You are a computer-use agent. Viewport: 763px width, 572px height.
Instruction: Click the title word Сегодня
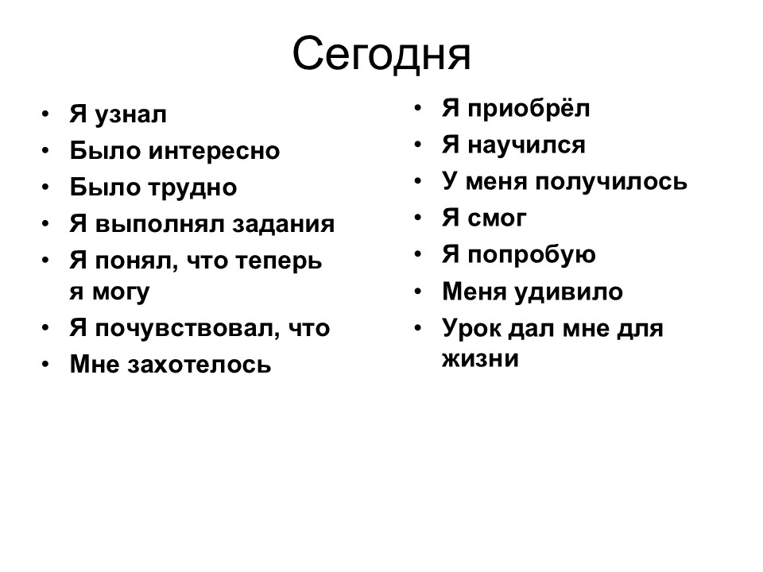click(381, 54)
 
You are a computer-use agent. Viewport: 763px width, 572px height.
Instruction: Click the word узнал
click(131, 115)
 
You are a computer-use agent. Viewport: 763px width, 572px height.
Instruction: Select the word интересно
click(214, 151)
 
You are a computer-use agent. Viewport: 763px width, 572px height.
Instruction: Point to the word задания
click(283, 225)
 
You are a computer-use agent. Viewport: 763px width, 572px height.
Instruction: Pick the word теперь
click(279, 262)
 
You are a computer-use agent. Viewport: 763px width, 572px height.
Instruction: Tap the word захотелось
click(199, 365)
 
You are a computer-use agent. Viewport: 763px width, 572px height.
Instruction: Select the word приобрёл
click(529, 109)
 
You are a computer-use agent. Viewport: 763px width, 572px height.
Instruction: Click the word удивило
click(568, 292)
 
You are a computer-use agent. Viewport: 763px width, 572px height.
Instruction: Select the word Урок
click(471, 329)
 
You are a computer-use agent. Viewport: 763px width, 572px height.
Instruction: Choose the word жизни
click(480, 359)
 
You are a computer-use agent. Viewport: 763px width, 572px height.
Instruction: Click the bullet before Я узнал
click(45, 114)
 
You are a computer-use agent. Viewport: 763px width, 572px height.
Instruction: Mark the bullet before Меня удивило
click(417, 292)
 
